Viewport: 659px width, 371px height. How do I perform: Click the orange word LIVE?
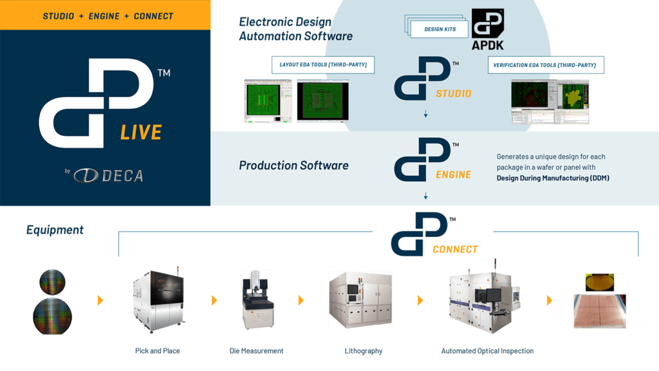pos(140,133)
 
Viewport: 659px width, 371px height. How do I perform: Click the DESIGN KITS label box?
pos(440,29)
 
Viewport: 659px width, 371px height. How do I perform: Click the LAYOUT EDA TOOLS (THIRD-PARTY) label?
pos(323,65)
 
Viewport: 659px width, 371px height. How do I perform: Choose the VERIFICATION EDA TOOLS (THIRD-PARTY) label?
pos(545,65)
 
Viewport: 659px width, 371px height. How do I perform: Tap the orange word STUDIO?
pos(453,93)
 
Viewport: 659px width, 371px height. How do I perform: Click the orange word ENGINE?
pos(453,175)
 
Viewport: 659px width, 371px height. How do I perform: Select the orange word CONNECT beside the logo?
pos(455,249)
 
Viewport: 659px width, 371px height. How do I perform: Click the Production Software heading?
pos(293,166)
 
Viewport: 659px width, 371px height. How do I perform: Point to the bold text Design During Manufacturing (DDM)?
pos(553,178)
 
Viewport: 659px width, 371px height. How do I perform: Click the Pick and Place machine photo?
pos(158,300)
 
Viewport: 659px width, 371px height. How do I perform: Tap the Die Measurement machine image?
pos(257,300)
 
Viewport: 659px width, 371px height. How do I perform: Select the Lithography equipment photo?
pos(360,300)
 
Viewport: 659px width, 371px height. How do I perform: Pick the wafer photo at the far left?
pos(52,301)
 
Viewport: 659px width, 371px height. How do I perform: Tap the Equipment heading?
pos(55,230)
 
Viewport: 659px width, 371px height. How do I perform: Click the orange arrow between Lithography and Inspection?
pos(420,301)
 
